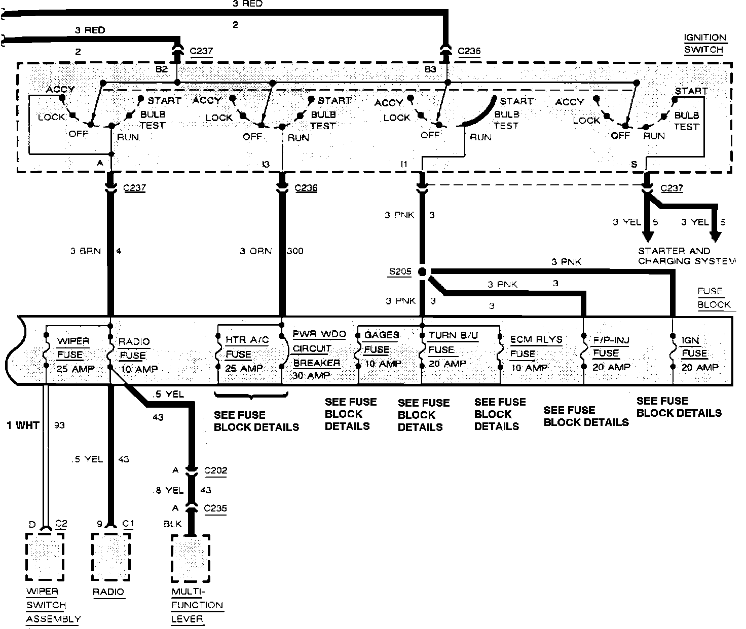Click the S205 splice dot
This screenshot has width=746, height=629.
422,272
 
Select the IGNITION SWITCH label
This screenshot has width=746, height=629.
705,44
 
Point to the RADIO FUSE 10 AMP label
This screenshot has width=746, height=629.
134,355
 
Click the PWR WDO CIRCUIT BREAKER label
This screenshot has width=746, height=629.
318,355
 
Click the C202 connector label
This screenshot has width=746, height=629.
216,470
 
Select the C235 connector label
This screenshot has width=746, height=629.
216,508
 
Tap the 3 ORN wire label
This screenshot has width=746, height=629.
255,251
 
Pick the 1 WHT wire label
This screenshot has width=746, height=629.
23,425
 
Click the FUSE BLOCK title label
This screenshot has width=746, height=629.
714,298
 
